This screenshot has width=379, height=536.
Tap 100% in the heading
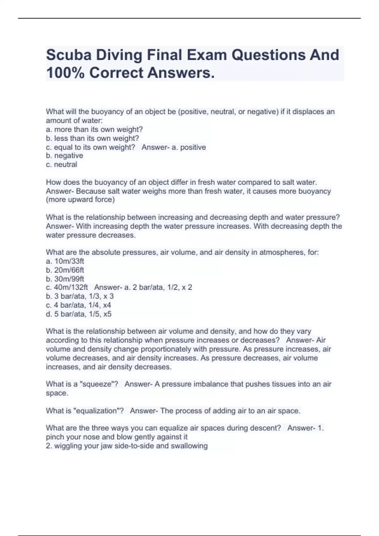coord(65,73)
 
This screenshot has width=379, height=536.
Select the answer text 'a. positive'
coord(189,147)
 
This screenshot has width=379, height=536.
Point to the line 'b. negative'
coord(64,155)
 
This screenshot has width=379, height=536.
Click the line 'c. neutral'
coord(62,164)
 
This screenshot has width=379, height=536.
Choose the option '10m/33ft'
coord(69,261)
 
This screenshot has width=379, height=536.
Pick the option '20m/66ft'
coord(69,270)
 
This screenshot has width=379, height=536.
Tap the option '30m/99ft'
coord(69,279)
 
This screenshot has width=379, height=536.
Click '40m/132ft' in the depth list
coord(71,287)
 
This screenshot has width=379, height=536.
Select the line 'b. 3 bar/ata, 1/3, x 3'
coord(80,296)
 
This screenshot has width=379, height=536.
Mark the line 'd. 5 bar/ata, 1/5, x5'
coord(79,314)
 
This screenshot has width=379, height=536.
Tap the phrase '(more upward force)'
coord(80,200)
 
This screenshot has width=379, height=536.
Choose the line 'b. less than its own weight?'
coord(92,138)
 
